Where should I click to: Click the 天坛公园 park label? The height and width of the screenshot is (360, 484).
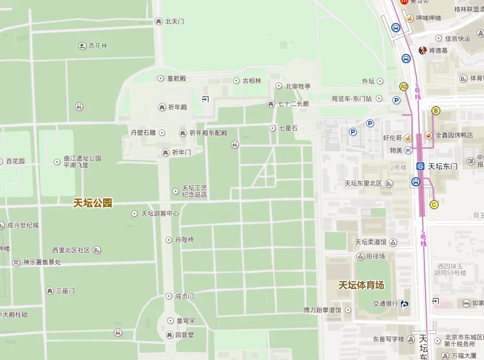(93, 202)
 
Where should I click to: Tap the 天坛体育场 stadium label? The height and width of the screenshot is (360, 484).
(361, 285)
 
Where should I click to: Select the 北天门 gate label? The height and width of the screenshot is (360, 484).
(174, 22)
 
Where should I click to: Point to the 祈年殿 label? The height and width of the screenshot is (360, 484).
(177, 107)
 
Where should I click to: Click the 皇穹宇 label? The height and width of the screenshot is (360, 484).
(185, 320)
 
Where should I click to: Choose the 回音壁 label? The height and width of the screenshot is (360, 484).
(184, 334)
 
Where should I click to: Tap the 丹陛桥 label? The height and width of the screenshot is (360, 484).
(184, 240)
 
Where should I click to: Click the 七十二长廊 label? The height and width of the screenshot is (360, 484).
(293, 104)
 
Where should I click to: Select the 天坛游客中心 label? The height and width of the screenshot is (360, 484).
(160, 213)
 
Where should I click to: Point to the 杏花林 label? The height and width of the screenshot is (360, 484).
(97, 46)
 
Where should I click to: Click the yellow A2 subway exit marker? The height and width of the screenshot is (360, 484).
(404, 87)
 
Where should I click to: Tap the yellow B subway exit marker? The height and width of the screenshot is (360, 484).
(435, 111)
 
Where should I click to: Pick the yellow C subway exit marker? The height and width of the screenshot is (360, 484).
(434, 204)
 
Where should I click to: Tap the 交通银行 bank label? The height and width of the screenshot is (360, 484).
(385, 304)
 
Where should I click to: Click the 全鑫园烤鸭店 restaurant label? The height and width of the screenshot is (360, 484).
(454, 135)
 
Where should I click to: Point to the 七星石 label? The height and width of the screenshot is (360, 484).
(288, 128)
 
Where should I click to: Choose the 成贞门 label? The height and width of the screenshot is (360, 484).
(184, 296)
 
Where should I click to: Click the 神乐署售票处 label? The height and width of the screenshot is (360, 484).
(41, 263)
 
